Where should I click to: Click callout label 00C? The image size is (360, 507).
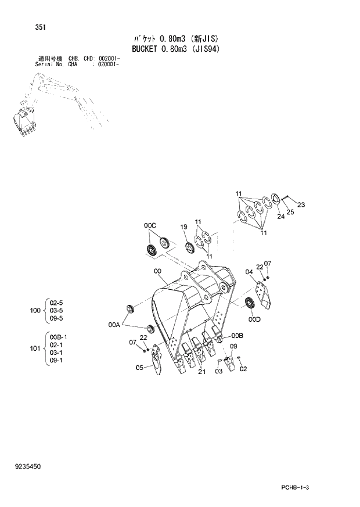point(150,225)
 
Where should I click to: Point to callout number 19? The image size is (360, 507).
point(183,226)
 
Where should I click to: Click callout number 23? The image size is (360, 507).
point(301,204)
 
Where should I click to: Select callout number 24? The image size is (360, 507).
point(280,217)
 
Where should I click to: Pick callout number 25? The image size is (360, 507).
point(290,212)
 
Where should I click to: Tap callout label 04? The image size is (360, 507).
point(249,272)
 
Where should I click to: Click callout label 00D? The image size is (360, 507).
point(254,319)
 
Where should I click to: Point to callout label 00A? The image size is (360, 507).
point(114,326)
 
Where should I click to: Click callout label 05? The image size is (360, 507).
point(139,367)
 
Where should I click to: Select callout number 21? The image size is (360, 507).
point(201,372)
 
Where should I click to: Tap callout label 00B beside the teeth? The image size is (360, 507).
point(237,336)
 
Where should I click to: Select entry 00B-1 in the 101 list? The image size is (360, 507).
point(59,337)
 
